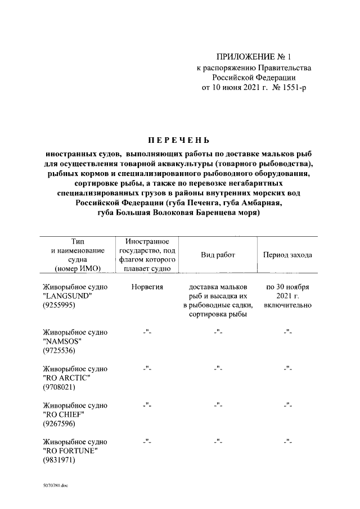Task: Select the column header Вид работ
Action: [x=218, y=255]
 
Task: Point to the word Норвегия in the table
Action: [x=147, y=286]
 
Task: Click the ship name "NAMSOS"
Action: [x=61, y=341]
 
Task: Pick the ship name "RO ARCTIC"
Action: [x=66, y=378]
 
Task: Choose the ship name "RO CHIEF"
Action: [x=62, y=415]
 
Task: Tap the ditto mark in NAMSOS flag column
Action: [x=147, y=332]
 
